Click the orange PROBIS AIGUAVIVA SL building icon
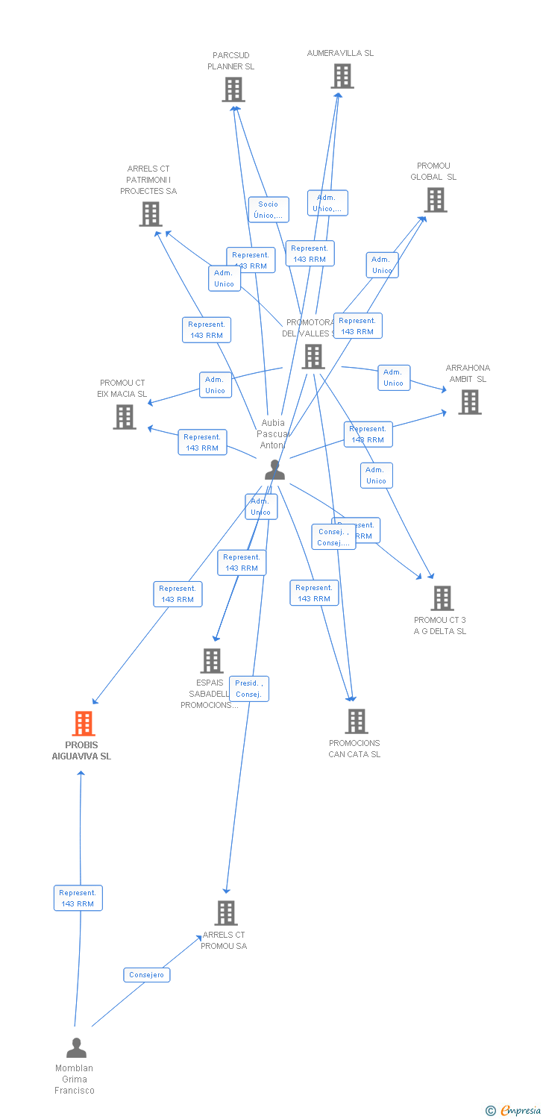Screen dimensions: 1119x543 pyautogui.click(x=83, y=723)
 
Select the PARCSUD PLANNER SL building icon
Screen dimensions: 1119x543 pyautogui.click(x=233, y=90)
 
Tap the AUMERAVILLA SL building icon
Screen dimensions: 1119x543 pyautogui.click(x=342, y=75)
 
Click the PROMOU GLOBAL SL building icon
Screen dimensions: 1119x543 pyautogui.click(x=436, y=199)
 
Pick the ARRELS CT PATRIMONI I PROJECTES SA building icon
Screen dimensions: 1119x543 pyautogui.click(x=151, y=214)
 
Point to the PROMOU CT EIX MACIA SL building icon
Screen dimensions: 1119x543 pyautogui.click(x=125, y=417)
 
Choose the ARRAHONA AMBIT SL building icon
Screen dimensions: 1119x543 pyautogui.click(x=469, y=402)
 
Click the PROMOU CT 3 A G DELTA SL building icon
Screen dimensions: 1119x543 pyautogui.click(x=442, y=598)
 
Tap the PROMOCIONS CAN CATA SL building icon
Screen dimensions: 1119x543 pyautogui.click(x=357, y=721)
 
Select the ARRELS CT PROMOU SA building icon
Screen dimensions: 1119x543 pyautogui.click(x=226, y=912)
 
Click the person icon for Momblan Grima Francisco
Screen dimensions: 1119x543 pyautogui.click(x=76, y=1048)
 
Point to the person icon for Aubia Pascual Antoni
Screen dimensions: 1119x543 pyautogui.click(x=274, y=470)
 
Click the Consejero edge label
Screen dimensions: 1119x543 pyautogui.click(x=146, y=975)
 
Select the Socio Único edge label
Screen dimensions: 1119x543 pyautogui.click(x=269, y=210)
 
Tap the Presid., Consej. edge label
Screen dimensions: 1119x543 pyautogui.click(x=248, y=689)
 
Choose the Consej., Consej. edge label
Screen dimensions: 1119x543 pyautogui.click(x=333, y=537)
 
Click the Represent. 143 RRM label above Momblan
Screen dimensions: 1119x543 pyautogui.click(x=78, y=898)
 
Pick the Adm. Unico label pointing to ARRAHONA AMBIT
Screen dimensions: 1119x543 pyautogui.click(x=393, y=377)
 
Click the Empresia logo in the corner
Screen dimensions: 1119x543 pyautogui.click(x=514, y=1111)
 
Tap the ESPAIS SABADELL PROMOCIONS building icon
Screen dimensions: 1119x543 pyautogui.click(x=212, y=660)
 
